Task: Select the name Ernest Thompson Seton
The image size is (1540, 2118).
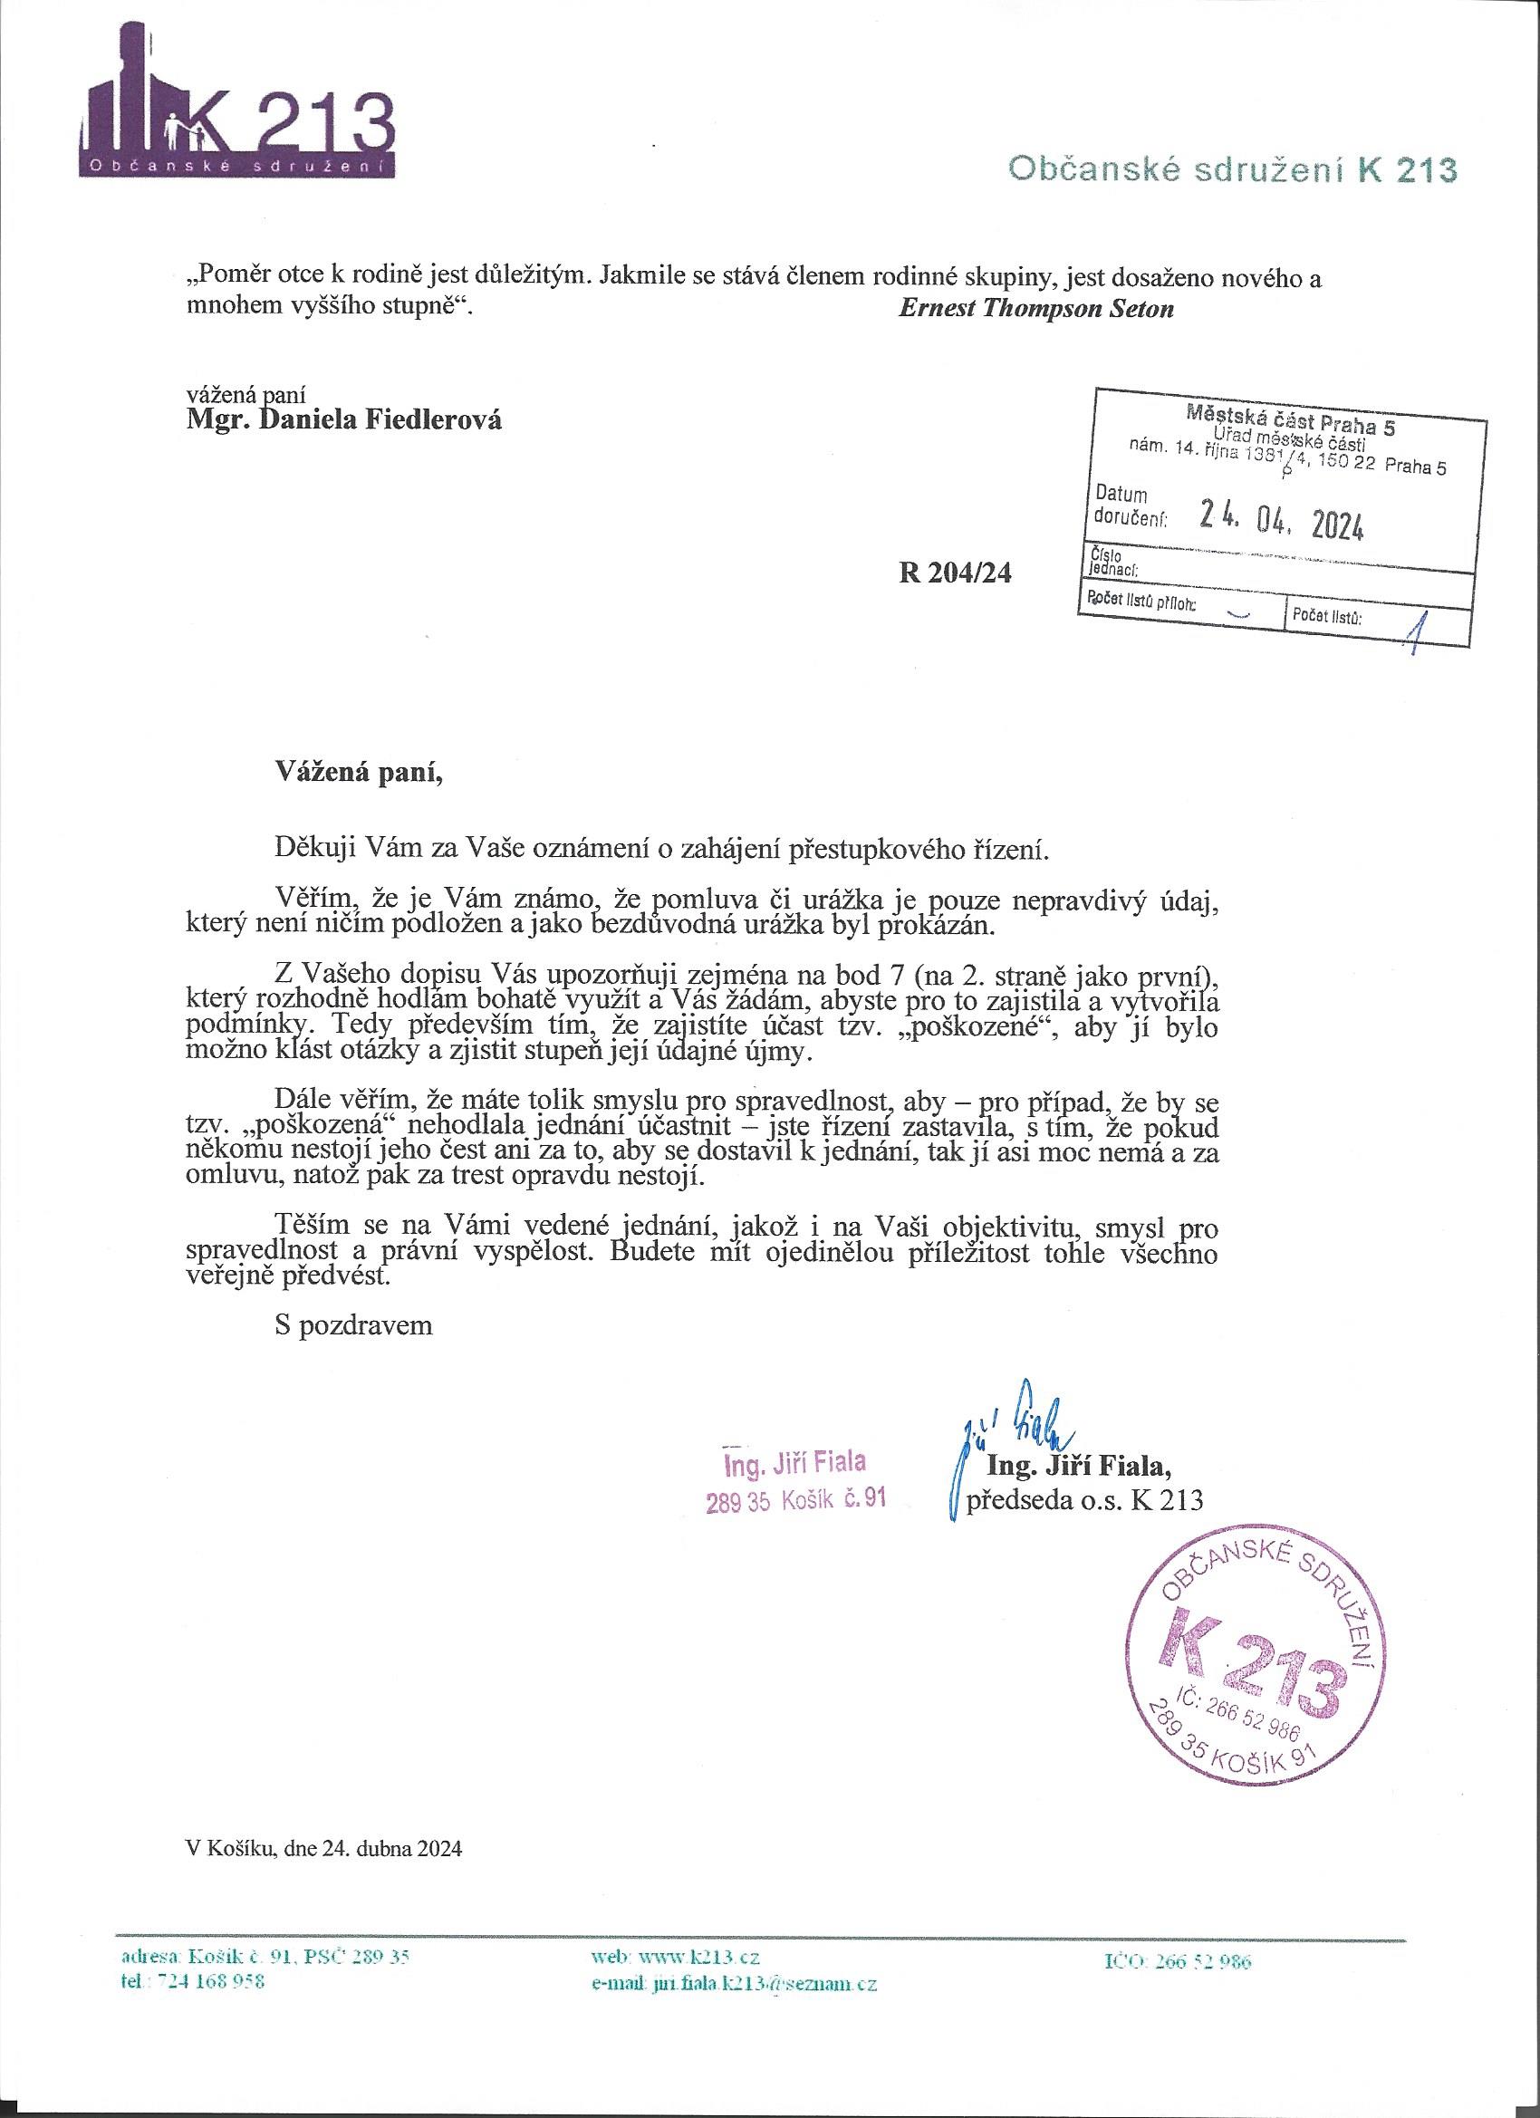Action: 1035,310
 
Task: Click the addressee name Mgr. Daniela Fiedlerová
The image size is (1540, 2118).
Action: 344,420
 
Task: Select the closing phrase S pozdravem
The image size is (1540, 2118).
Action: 354,1325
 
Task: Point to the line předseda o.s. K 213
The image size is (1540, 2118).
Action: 1084,1500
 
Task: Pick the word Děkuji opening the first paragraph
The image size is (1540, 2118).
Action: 313,850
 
